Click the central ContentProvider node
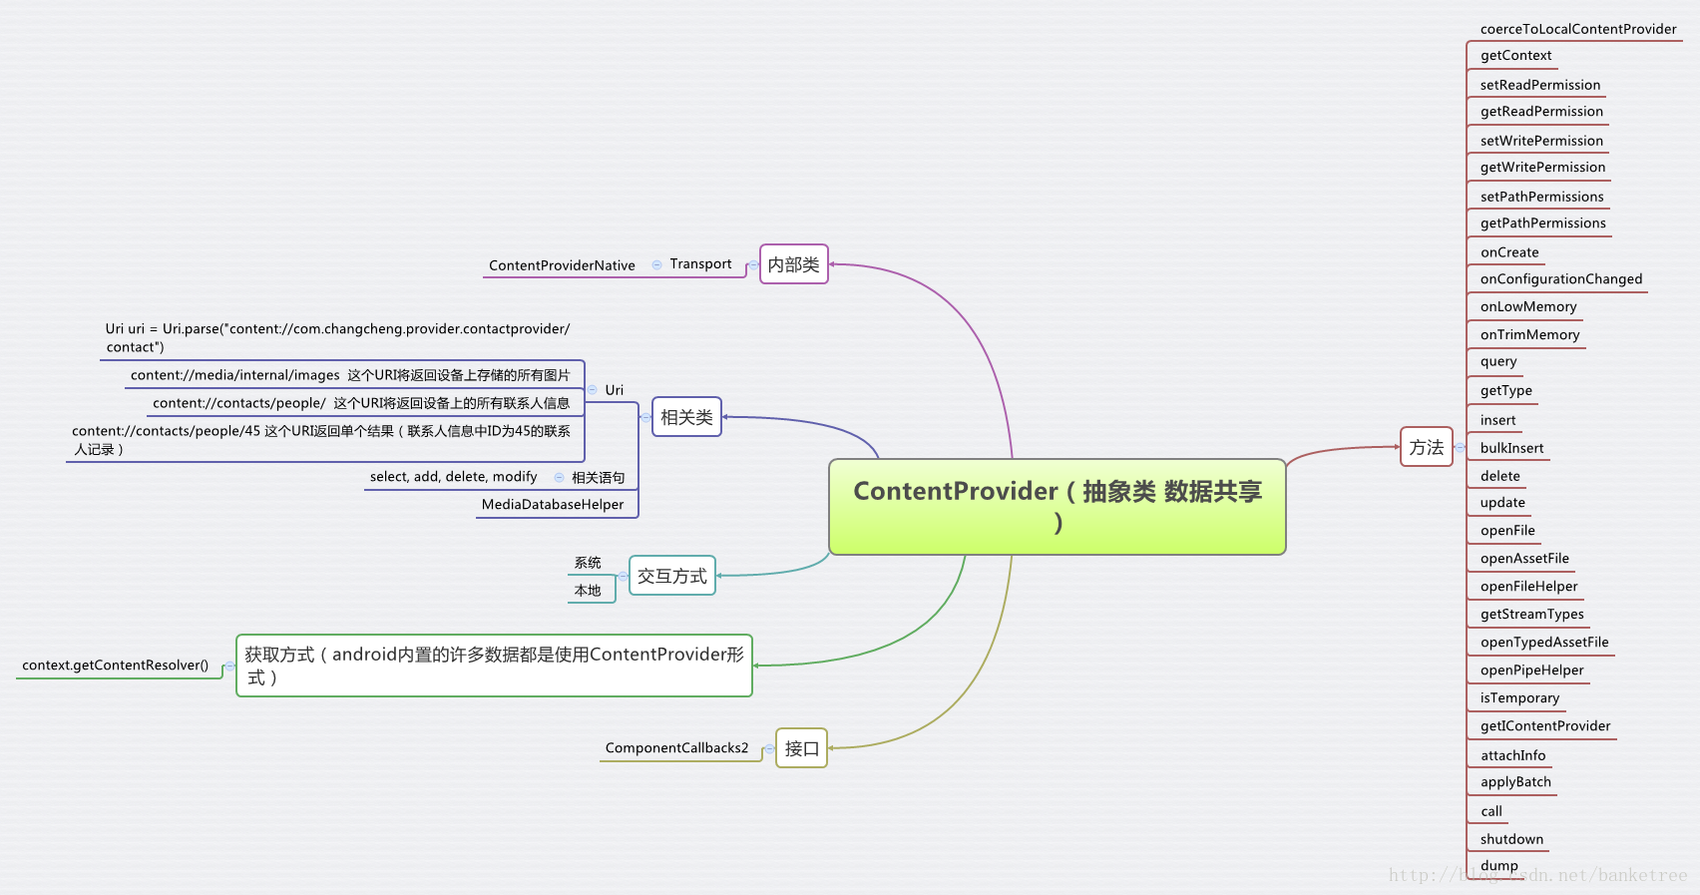[x=1058, y=506]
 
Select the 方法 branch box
[x=1426, y=447]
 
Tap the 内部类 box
[x=793, y=264]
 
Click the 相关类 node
[x=686, y=417]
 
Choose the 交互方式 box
[x=671, y=576]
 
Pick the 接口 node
[x=801, y=748]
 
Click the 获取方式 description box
[x=494, y=666]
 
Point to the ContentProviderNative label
[x=562, y=265]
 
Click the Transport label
[x=700, y=264]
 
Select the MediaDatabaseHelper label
[x=553, y=505]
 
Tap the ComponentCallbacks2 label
[x=676, y=748]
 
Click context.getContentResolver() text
[x=116, y=666]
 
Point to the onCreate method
[x=1509, y=253]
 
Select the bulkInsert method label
[x=1511, y=449]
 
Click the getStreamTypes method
[x=1531, y=615]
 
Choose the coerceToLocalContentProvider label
[x=1578, y=30]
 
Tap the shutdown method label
[x=1511, y=840]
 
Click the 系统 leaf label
[x=588, y=564]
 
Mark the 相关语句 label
[x=598, y=478]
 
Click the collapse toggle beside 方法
[x=1460, y=447]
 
